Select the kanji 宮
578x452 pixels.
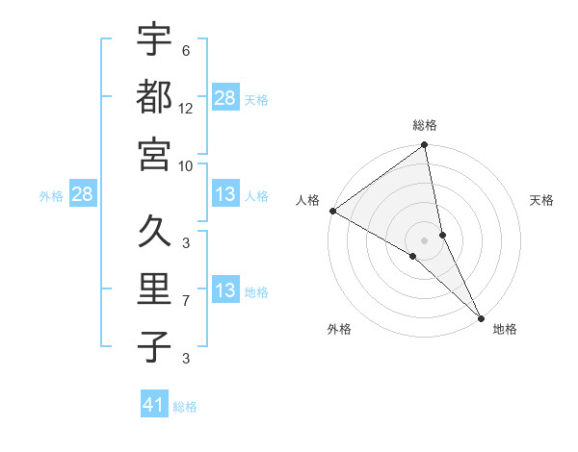click(x=154, y=154)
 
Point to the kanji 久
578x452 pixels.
click(x=154, y=232)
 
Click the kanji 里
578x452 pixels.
click(x=154, y=289)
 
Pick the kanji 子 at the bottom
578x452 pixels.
click(x=154, y=347)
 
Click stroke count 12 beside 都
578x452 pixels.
click(x=186, y=108)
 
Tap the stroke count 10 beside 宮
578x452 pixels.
click(x=186, y=165)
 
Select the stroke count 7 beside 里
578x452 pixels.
click(x=186, y=301)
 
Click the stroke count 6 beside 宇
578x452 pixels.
click(x=186, y=50)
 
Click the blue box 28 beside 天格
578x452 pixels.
click(x=225, y=97)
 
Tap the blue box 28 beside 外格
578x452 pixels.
click(x=82, y=194)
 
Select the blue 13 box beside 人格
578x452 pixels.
click(x=225, y=194)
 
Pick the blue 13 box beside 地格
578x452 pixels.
click(x=225, y=290)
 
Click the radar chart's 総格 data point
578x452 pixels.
click(x=425, y=146)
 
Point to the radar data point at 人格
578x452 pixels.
click(x=332, y=211)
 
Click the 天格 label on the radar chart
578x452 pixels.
click(x=541, y=200)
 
